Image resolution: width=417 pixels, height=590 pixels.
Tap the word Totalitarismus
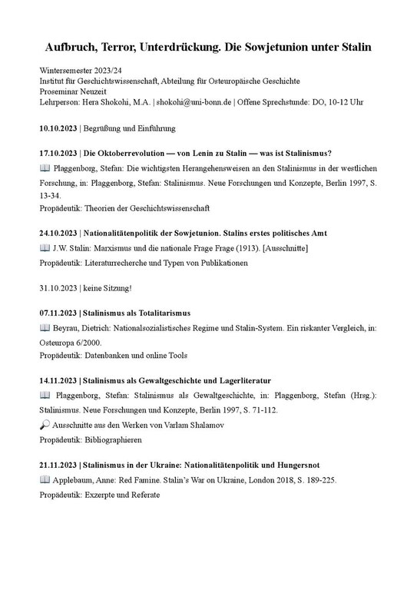tap(164, 313)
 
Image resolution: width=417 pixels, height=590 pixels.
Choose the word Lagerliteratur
tap(240, 380)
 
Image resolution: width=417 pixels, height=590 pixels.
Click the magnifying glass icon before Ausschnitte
tap(44, 425)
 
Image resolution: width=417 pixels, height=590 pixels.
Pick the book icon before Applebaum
tap(44, 480)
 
